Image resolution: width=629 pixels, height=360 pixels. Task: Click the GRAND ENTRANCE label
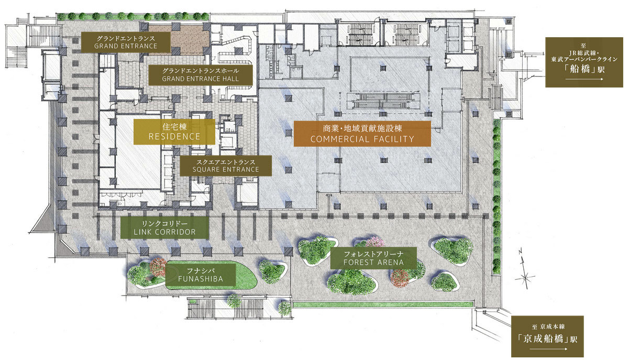pos(126,42)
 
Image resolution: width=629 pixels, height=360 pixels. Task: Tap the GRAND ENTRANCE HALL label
pos(200,75)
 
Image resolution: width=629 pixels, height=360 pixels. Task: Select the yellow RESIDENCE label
pos(174,132)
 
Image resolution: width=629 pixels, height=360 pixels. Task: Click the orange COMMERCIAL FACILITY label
pos(362,134)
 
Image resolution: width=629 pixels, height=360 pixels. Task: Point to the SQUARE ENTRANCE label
pos(226,166)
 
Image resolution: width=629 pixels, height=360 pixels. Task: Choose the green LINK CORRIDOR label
pos(165,227)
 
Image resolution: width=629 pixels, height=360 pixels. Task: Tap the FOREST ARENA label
pos(373,258)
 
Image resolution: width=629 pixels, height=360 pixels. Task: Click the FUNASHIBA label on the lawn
pos(201,275)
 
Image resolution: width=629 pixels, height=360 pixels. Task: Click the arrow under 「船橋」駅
pos(584,79)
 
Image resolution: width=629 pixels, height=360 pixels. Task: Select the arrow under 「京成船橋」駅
pos(548,349)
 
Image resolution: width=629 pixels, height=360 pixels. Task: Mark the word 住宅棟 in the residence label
pos(174,127)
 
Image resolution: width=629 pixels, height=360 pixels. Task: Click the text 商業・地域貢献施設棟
pos(362,128)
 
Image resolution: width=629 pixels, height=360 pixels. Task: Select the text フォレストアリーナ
pos(374,254)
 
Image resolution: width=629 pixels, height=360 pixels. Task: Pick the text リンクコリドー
pos(165,224)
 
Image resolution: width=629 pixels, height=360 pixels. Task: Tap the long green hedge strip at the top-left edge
pos(133,17)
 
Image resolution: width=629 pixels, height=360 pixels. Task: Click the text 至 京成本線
pos(548,327)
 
